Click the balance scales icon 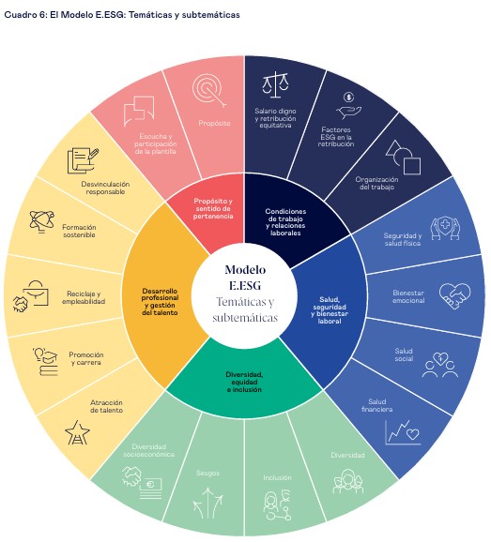(275, 84)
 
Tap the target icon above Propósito (209, 91)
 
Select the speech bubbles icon (139, 111)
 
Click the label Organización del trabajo (376, 183)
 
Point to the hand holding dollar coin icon (348, 106)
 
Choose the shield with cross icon (445, 228)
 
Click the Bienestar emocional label (408, 296)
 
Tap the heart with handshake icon (454, 296)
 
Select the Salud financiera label (376, 405)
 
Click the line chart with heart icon (403, 432)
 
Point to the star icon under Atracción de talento (77, 432)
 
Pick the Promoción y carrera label (86, 358)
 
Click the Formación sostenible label (79, 231)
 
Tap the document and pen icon (83, 160)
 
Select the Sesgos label (207, 473)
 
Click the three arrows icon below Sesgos (207, 503)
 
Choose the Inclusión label (277, 477)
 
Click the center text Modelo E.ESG (245, 278)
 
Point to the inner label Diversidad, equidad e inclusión (244, 382)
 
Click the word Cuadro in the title (17, 15)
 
